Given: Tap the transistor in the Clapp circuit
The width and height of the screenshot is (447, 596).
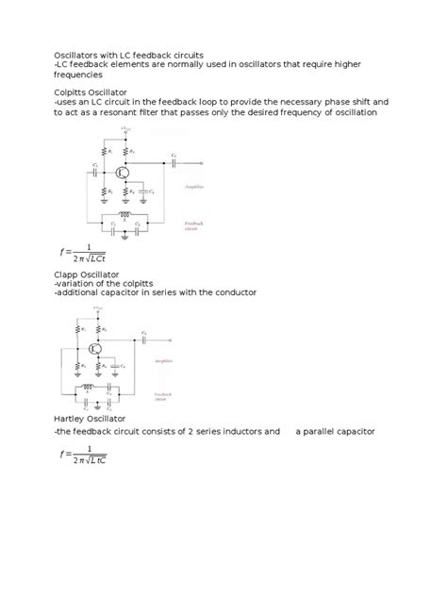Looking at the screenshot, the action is coord(96,348).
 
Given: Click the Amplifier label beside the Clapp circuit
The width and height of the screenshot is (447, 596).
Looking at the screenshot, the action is coord(170,361).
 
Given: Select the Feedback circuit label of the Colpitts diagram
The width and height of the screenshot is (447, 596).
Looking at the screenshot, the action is coord(193,225).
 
